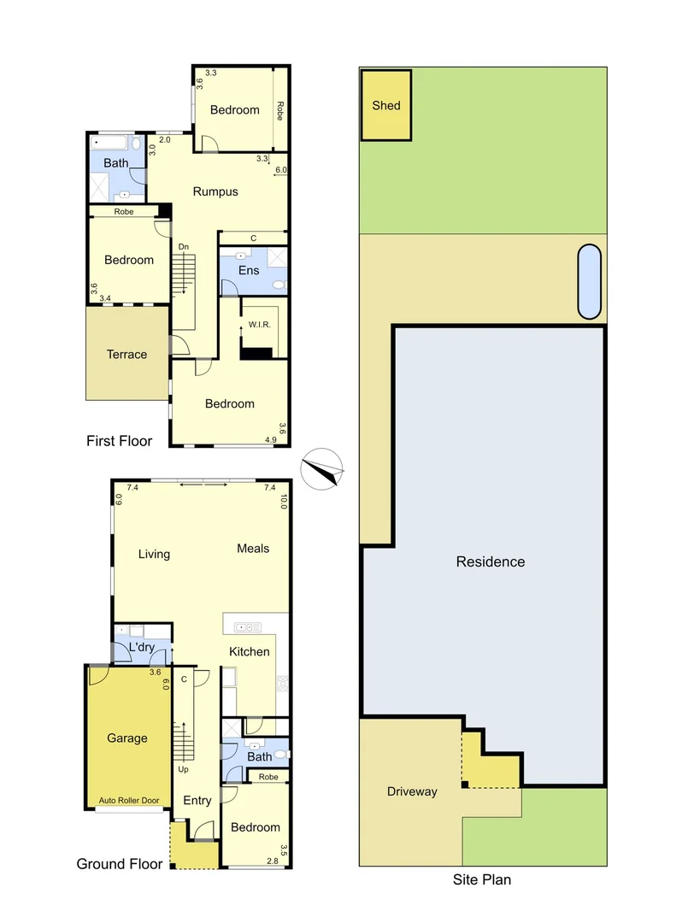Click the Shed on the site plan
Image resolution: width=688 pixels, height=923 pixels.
pos(386,105)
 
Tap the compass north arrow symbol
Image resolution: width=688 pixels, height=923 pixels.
pos(322,469)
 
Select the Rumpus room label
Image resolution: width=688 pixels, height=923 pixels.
pos(215,192)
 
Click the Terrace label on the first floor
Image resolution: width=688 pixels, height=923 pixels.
pos(126,355)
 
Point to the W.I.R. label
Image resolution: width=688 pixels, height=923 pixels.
pos(260,325)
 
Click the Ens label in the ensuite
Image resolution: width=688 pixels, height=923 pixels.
pos(249,270)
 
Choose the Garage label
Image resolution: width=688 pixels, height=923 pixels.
pos(127,738)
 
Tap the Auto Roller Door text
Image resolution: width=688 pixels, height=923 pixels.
pos(129,801)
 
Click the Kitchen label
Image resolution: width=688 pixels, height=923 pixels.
pos(249,651)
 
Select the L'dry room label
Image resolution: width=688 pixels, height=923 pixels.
pos(141,647)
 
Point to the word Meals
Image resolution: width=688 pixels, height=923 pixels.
pos(253,549)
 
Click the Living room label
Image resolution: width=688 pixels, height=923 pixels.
pos(154,555)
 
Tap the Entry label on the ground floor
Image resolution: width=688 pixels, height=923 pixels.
pos(197,801)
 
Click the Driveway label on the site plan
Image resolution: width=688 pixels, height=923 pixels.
pos(412,791)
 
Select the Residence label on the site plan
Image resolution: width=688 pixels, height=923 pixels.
pos(491,561)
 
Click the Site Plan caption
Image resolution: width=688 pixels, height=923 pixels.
pos(482,879)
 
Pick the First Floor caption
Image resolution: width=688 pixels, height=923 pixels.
pos(119,441)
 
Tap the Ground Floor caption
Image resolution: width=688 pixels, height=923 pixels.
pos(120,863)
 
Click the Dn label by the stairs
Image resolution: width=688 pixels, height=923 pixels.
pos(184,247)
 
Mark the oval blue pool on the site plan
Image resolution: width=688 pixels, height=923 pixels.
pos(589,282)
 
